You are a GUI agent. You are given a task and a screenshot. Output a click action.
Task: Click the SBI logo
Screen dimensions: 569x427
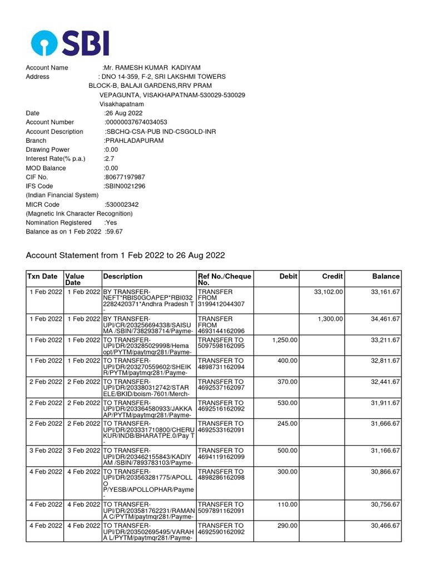[70, 42]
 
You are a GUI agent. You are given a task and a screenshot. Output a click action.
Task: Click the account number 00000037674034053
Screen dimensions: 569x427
[136, 122]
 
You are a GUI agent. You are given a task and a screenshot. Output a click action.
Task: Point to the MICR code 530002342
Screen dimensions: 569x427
[122, 204]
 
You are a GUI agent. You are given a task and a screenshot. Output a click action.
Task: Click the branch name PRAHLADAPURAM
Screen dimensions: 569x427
[134, 141]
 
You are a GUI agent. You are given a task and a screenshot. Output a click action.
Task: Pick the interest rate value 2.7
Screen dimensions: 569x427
[109, 159]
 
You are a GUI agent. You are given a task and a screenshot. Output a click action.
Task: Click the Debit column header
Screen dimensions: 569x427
[289, 276]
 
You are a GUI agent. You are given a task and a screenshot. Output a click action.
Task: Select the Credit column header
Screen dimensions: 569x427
[332, 276]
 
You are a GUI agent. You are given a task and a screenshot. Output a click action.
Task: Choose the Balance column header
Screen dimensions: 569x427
[386, 276]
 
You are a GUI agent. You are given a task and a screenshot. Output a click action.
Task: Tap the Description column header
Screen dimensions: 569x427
[123, 276]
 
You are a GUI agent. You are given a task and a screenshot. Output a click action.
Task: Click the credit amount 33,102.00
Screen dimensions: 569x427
[329, 292]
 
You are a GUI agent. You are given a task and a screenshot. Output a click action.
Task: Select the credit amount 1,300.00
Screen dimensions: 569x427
[330, 319]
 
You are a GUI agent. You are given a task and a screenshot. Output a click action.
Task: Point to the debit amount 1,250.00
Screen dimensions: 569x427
[285, 340]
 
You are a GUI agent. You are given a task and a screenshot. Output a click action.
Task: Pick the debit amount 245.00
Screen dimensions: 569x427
[287, 423]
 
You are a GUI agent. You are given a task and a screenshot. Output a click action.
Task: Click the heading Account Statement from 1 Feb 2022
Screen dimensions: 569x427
[126, 255]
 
